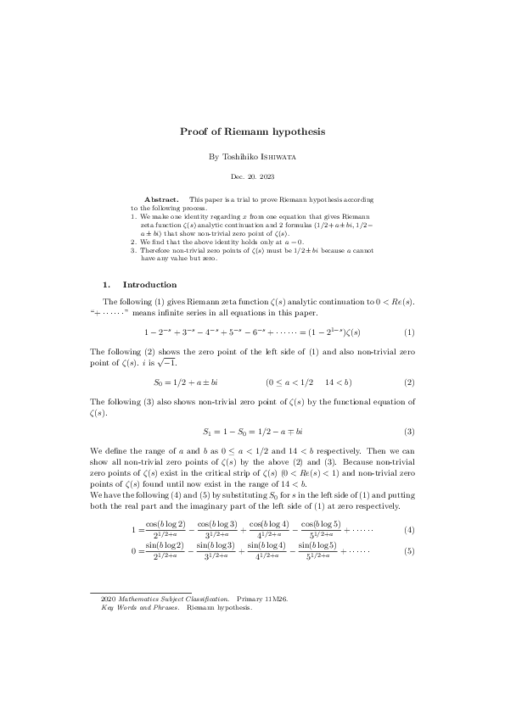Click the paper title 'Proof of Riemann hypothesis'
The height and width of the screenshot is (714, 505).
pyautogui.click(x=252, y=132)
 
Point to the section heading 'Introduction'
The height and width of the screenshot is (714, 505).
pyautogui.click(x=149, y=285)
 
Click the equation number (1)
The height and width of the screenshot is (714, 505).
pyautogui.click(x=408, y=332)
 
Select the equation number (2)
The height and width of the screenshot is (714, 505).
pyautogui.click(x=408, y=382)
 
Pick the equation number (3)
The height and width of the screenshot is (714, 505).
pyautogui.click(x=408, y=432)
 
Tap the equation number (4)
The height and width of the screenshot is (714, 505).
pyautogui.click(x=408, y=530)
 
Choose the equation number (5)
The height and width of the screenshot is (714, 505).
pyautogui.click(x=408, y=552)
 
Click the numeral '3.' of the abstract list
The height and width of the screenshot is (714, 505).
pyautogui.click(x=134, y=250)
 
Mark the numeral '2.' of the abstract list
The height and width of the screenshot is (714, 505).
pyautogui.click(x=134, y=242)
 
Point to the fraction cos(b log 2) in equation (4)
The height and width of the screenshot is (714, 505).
pyautogui.click(x=166, y=530)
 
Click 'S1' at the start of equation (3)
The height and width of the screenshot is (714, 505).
pyautogui.click(x=207, y=432)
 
